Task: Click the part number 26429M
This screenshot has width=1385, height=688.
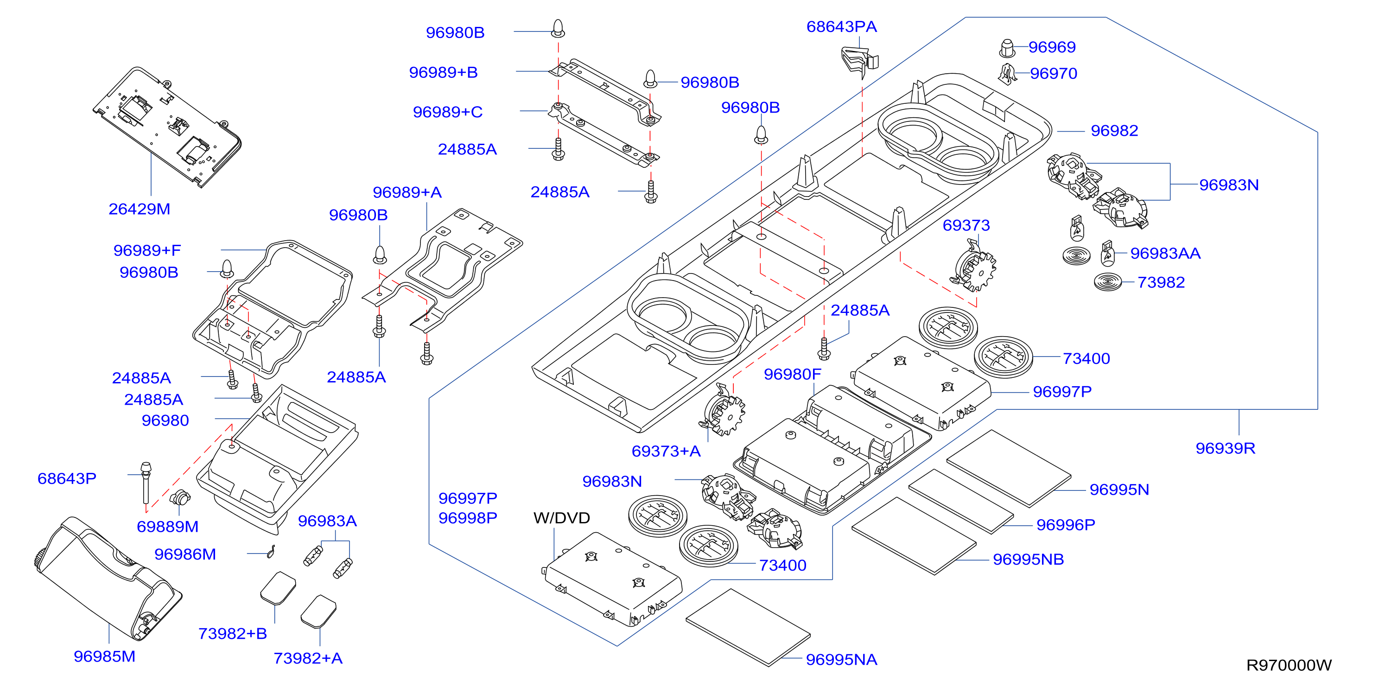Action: [139, 209]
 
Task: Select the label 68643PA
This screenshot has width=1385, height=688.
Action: [841, 26]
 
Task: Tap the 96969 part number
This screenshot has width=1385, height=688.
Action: [1052, 47]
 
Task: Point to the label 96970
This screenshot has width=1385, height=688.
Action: [1053, 73]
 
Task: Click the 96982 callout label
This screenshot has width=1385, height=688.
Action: [1114, 131]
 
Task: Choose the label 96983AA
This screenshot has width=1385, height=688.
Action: [1165, 253]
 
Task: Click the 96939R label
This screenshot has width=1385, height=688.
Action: [1225, 448]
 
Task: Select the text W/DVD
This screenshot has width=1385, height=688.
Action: [561, 518]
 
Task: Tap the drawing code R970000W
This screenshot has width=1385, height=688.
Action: [1289, 665]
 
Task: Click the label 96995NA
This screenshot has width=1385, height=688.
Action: [841, 660]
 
